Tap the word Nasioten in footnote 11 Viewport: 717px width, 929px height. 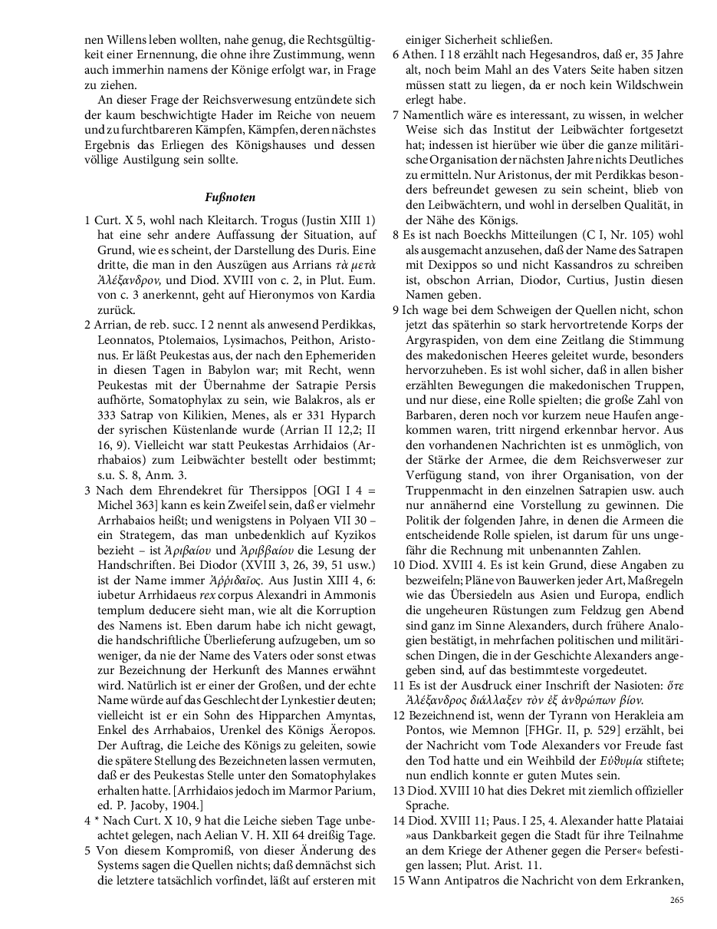622,684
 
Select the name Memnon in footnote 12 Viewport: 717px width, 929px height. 485,729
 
